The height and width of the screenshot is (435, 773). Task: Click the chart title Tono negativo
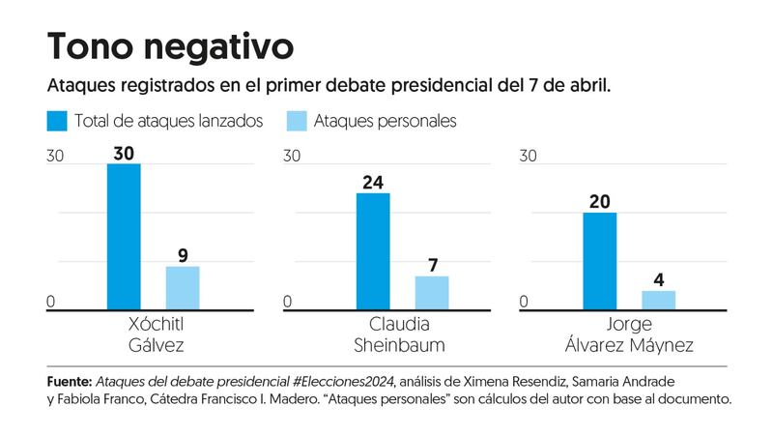(169, 44)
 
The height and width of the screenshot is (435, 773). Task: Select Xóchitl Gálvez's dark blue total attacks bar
(123, 237)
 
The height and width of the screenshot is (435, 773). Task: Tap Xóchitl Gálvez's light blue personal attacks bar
(183, 287)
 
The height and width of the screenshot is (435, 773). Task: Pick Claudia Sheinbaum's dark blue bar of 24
(373, 251)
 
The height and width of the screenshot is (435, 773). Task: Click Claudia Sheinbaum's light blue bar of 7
(432, 292)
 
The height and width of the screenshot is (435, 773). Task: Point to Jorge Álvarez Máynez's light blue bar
(659, 300)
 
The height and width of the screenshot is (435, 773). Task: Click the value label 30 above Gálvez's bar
(124, 153)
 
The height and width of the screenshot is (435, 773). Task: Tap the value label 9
(183, 255)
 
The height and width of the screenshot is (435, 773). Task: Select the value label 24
(373, 182)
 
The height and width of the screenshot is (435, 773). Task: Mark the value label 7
(432, 265)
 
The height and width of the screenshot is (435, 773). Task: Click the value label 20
(599, 201)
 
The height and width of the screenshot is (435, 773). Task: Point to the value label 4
(659, 279)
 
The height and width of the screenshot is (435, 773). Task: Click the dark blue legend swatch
(56, 121)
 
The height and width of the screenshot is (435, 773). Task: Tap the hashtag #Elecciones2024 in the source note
(344, 381)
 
